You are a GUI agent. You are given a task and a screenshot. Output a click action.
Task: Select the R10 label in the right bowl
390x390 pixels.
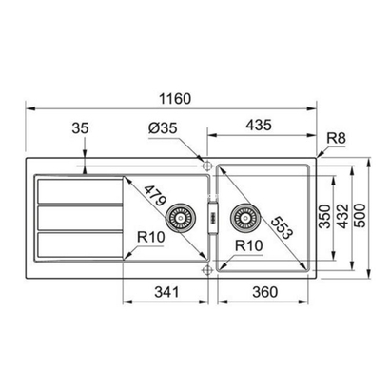(x=249, y=246)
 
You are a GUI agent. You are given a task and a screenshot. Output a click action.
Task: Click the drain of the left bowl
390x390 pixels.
(x=178, y=217)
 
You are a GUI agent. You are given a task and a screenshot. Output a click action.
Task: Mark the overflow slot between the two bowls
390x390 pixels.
(x=211, y=218)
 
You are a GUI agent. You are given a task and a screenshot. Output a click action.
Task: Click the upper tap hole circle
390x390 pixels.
(x=205, y=163)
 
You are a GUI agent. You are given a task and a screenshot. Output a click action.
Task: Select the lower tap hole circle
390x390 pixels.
(x=205, y=270)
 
